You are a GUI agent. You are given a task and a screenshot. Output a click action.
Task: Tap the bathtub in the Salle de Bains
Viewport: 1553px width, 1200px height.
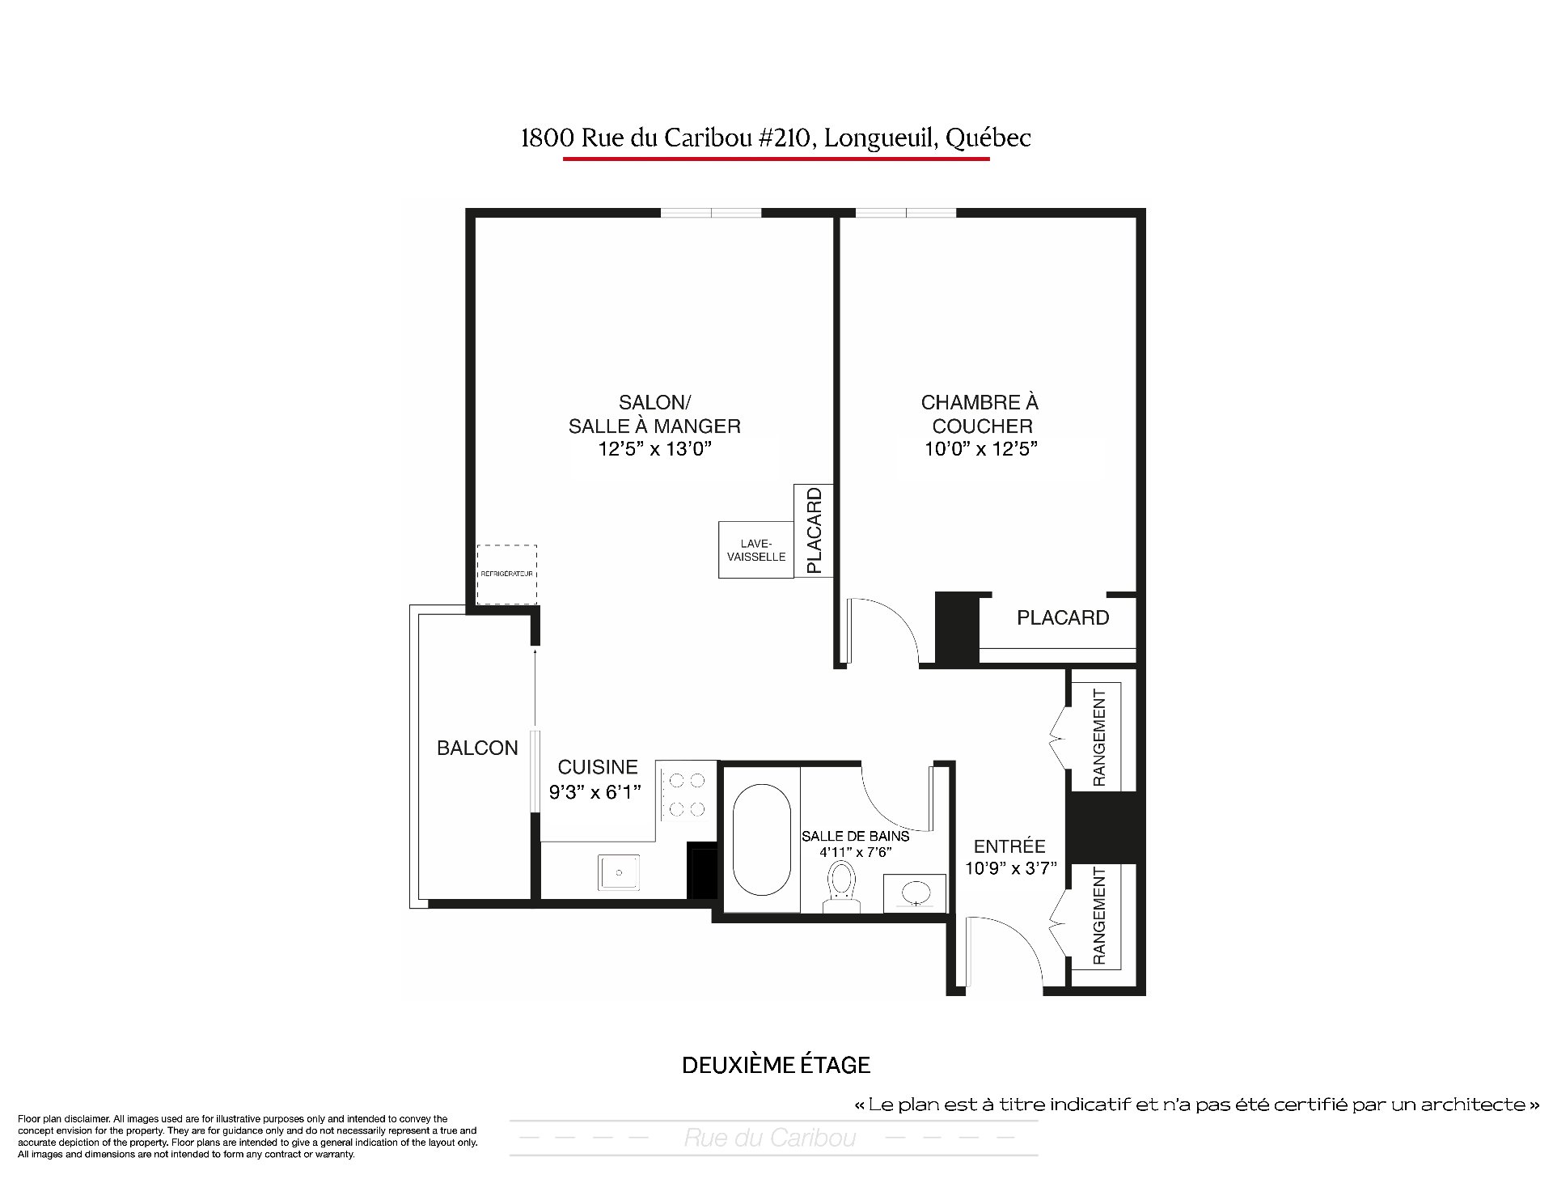pyautogui.click(x=761, y=838)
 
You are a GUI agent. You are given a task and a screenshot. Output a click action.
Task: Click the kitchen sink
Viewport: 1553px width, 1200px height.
pyautogui.click(x=619, y=872)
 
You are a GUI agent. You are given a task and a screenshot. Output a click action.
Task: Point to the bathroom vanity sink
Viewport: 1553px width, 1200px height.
pyautogui.click(x=915, y=893)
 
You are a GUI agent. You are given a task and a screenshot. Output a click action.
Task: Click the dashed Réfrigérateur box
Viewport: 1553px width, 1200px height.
pyautogui.click(x=507, y=575)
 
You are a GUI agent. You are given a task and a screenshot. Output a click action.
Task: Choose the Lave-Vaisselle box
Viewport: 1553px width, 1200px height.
pyautogui.click(x=756, y=550)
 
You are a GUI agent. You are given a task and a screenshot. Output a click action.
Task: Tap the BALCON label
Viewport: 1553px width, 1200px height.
pyautogui.click(x=477, y=748)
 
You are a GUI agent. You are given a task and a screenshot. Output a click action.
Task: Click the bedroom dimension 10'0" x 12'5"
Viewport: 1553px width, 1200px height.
pyautogui.click(x=981, y=448)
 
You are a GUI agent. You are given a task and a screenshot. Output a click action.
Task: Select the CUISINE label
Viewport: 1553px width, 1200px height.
pyautogui.click(x=598, y=767)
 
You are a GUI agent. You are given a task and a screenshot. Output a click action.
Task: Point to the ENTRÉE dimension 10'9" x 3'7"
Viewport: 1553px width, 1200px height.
pyautogui.click(x=1010, y=868)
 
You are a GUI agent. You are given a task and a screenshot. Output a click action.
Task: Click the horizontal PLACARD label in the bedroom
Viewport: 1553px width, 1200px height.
pyautogui.click(x=1063, y=618)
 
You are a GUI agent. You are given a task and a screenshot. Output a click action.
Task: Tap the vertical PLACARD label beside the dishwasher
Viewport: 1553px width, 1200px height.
pyautogui.click(x=815, y=530)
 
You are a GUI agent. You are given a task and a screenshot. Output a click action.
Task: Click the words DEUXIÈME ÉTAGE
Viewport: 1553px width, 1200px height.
pyautogui.click(x=776, y=1065)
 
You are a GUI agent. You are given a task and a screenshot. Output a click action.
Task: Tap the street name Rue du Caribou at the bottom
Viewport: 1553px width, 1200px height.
pyautogui.click(x=770, y=1139)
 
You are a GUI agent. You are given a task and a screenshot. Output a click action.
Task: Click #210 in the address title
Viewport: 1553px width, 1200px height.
pyautogui.click(x=786, y=138)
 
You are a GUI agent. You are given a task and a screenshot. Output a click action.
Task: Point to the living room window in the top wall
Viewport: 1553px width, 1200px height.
pyautogui.click(x=712, y=213)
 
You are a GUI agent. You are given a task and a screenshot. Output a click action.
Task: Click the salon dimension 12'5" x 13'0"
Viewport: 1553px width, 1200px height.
pyautogui.click(x=654, y=448)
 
